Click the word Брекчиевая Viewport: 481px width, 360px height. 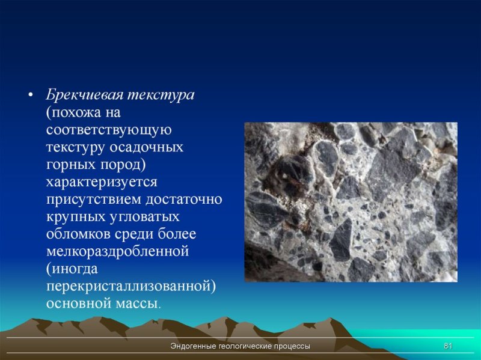coord(85,96)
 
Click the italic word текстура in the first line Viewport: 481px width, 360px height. coord(160,96)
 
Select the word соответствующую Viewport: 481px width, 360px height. coord(109,130)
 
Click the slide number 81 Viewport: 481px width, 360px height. coord(447,347)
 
